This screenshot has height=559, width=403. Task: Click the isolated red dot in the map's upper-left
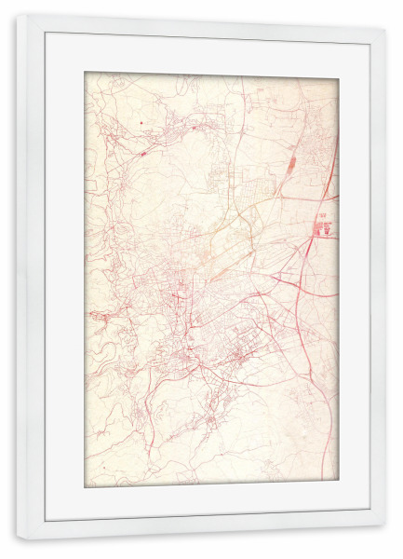141,122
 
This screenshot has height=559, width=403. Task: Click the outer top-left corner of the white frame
15,14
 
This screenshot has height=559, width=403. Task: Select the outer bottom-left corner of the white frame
15,539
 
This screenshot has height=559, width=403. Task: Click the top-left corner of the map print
84,72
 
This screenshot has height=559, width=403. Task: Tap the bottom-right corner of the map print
339,481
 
